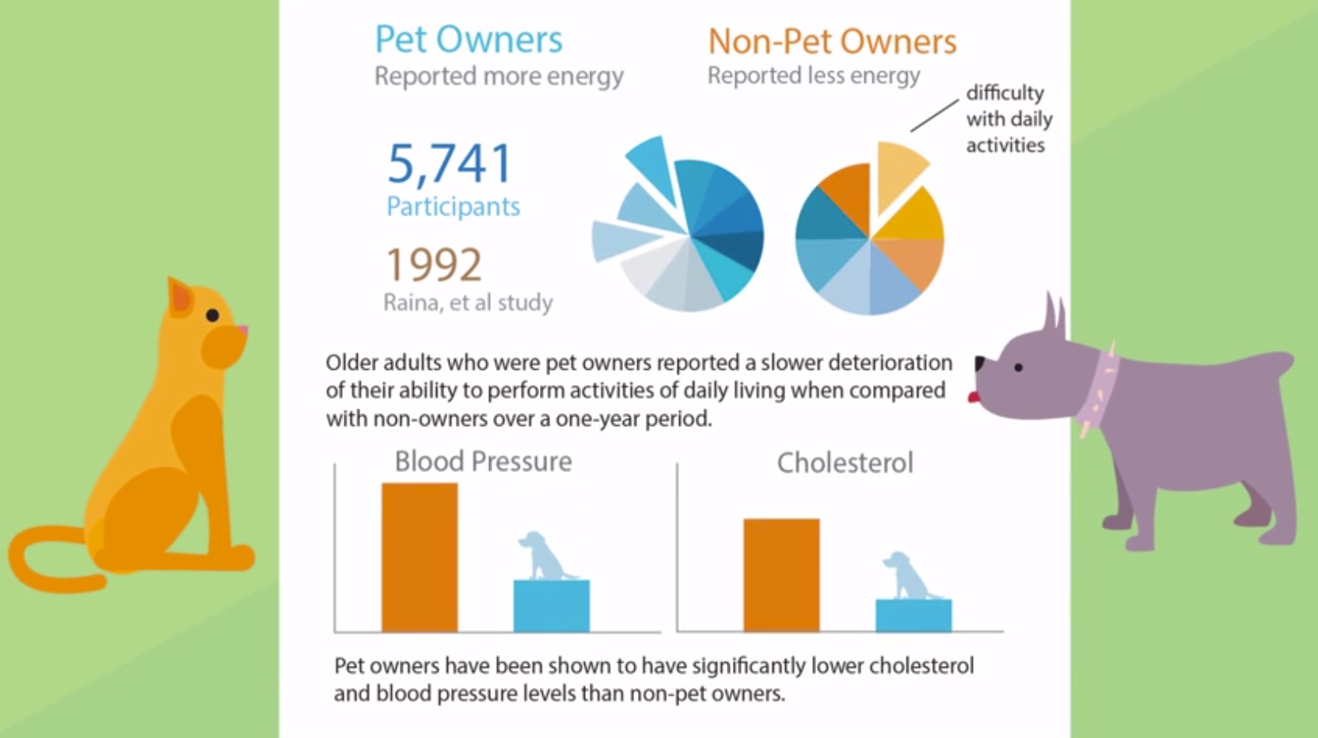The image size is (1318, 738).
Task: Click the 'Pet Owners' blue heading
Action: click(x=468, y=40)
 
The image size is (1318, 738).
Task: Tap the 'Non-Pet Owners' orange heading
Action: click(x=832, y=41)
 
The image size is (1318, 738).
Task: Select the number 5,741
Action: click(x=450, y=163)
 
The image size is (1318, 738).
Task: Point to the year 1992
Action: click(x=434, y=264)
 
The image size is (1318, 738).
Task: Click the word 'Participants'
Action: click(x=453, y=207)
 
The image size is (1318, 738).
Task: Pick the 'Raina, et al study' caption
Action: click(x=468, y=302)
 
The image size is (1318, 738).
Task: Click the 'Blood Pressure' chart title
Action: click(x=483, y=462)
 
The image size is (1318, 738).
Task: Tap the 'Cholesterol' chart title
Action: click(x=845, y=463)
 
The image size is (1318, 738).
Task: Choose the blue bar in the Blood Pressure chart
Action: click(x=552, y=606)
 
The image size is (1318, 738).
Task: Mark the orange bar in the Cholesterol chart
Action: click(x=781, y=575)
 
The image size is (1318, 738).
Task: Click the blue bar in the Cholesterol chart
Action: click(x=913, y=615)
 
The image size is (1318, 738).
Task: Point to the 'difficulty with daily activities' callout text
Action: click(x=1008, y=119)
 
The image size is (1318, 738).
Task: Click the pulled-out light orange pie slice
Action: click(x=898, y=172)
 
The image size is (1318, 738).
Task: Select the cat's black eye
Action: click(x=212, y=315)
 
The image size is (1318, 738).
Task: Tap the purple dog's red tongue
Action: click(x=974, y=397)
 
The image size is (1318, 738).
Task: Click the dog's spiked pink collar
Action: click(x=1100, y=387)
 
